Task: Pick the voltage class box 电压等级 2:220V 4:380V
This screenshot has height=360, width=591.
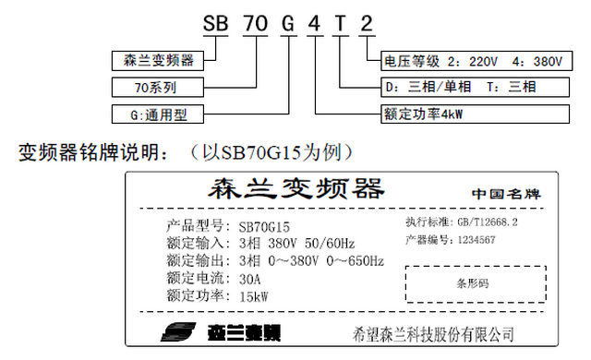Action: [471, 63]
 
